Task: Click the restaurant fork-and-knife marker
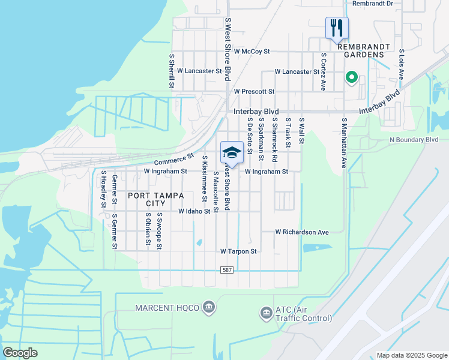(337, 28)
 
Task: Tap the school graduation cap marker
(232, 152)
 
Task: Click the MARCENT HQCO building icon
(208, 308)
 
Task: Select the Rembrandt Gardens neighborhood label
(364, 50)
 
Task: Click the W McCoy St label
(252, 52)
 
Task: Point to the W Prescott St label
(254, 92)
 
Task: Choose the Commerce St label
(174, 160)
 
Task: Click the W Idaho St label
(194, 212)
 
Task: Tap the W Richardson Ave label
(303, 232)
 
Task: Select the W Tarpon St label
(238, 251)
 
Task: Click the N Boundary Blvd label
(414, 140)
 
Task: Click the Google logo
(20, 353)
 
